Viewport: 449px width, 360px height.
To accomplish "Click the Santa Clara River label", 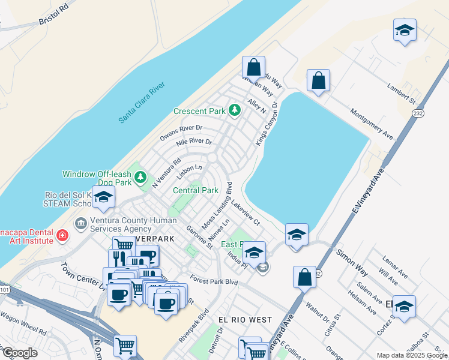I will tap(142, 103).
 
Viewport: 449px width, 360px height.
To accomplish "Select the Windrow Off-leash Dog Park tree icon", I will tap(140, 176).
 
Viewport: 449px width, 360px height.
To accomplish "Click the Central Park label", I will tap(195, 190).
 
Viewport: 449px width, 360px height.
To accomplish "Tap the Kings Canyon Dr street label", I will tap(267, 123).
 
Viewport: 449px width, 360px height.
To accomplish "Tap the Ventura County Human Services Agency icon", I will tap(80, 223).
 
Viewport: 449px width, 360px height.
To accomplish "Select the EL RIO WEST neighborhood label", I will tap(245, 320).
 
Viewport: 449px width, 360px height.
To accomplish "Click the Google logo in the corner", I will tap(19, 352).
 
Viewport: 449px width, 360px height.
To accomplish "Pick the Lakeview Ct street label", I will tap(244, 212).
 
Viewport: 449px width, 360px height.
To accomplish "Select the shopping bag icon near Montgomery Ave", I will tap(318, 80).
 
